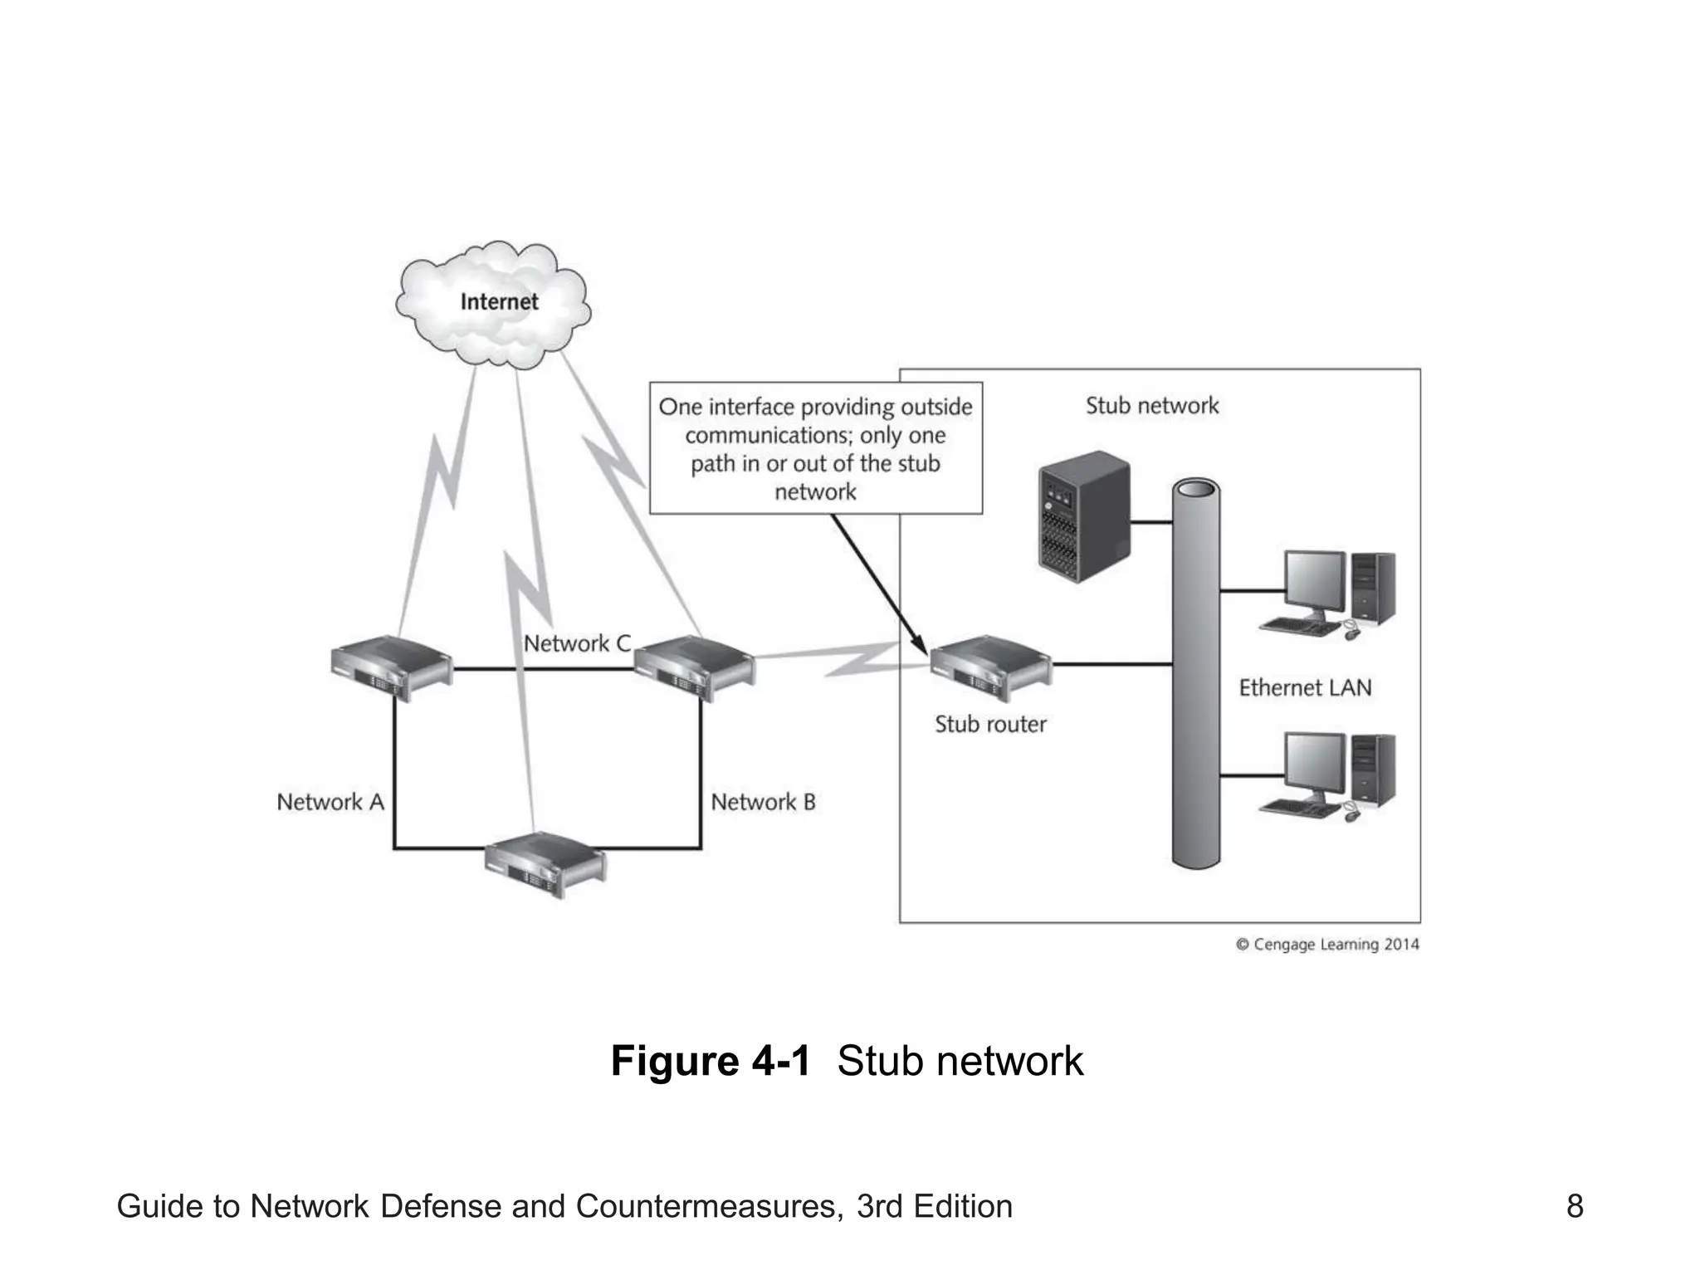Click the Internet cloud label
tap(499, 301)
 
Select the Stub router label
tap(989, 724)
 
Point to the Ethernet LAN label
tap(1305, 687)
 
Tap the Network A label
tap(330, 802)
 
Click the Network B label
tap(763, 802)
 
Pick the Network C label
tap(577, 643)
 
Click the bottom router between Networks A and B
tap(545, 864)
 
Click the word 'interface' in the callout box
tap(750, 407)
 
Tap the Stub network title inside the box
tap(1151, 406)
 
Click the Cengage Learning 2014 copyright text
tap(1327, 945)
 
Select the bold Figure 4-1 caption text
tap(710, 1061)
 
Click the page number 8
tap(1574, 1206)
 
